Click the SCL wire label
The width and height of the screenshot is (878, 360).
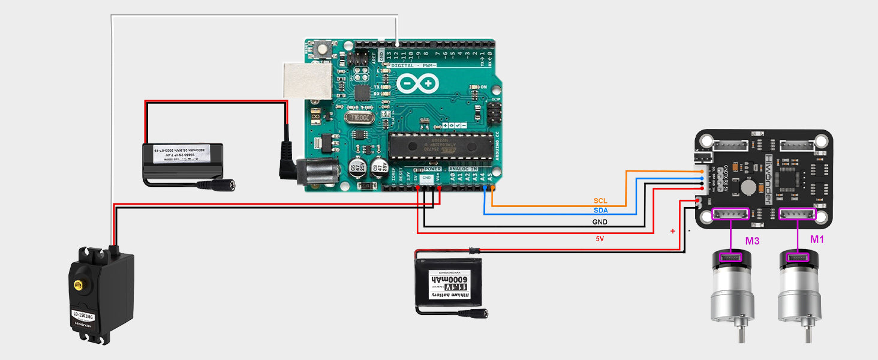tap(600, 200)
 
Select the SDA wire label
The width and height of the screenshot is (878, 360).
tap(600, 211)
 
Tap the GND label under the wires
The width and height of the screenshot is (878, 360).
tap(600, 222)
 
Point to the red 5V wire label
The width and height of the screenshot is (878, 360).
tap(600, 239)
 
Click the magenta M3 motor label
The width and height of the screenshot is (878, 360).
tap(753, 241)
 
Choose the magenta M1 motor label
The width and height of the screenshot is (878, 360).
tap(817, 239)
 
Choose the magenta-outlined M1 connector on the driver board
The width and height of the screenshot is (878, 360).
tap(798, 215)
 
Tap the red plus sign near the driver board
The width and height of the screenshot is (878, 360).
tap(672, 231)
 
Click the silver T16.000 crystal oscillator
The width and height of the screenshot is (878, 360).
tap(359, 118)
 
